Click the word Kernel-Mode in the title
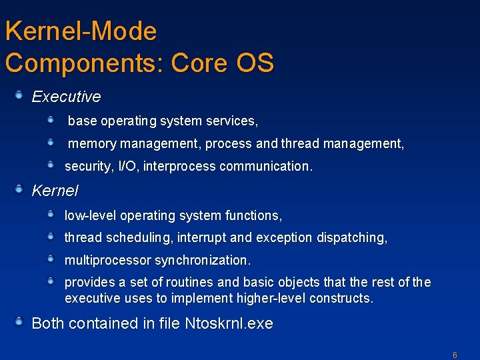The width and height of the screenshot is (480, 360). [x=81, y=31]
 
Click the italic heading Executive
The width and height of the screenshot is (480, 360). [x=66, y=97]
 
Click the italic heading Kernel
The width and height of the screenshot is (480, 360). [x=55, y=191]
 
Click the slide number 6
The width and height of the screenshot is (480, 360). [x=455, y=355]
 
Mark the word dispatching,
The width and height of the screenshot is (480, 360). [x=351, y=237]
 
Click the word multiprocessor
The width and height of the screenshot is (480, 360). [x=107, y=260]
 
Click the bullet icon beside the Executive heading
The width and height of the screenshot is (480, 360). [x=20, y=96]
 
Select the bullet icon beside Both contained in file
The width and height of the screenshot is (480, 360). [x=20, y=323]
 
